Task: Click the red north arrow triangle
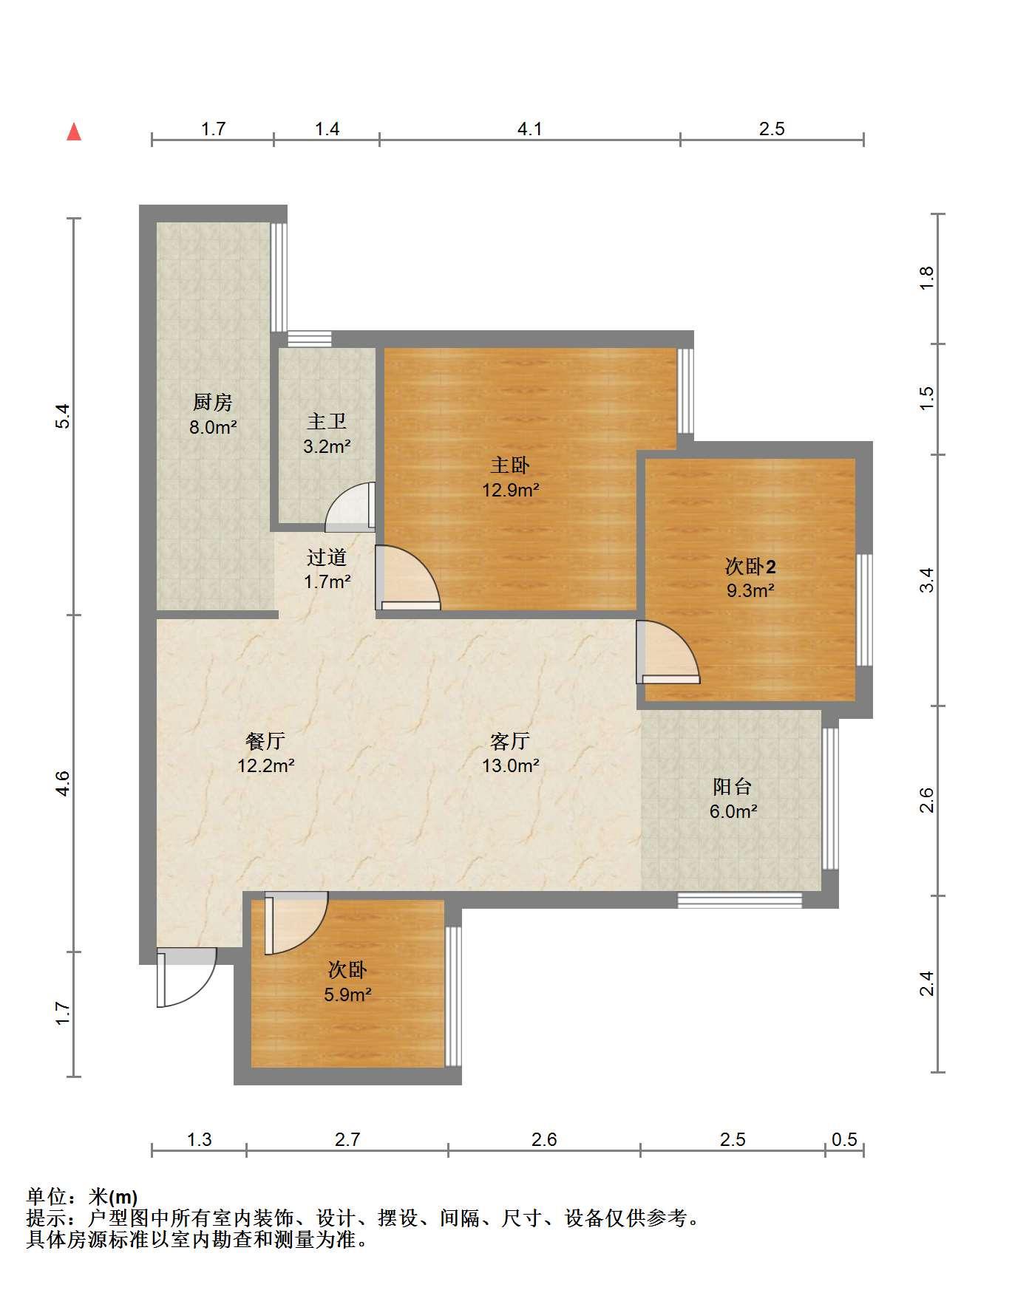[74, 132]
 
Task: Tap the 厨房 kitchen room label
[213, 402]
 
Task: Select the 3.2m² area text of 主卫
[327, 446]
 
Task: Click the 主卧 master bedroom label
[510, 465]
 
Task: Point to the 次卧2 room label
[750, 567]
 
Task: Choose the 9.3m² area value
[750, 590]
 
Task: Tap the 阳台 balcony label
[733, 786]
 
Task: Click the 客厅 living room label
[510, 740]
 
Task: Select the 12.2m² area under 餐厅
[266, 765]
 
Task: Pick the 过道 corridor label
[327, 557]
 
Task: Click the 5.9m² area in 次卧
[347, 994]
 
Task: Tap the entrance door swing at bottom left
[186, 977]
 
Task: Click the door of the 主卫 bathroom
[350, 507]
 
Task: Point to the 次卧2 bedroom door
[668, 652]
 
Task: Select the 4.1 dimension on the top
[529, 129]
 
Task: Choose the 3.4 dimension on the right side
[927, 579]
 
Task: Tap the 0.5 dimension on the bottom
[844, 1139]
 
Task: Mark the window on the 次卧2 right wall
[864, 610]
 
